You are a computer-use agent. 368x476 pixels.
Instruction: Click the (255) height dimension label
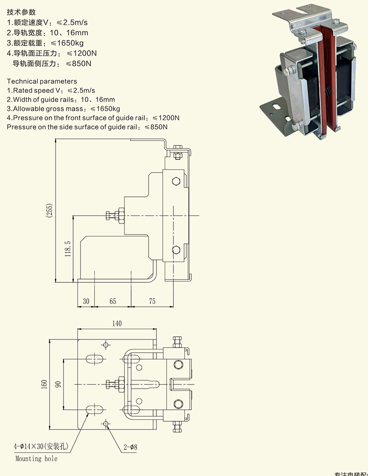click(x=49, y=211)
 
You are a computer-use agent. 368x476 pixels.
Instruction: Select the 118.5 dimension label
click(x=68, y=248)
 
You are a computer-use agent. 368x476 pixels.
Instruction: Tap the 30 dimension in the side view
click(x=86, y=301)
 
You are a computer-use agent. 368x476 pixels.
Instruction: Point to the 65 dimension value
click(x=113, y=301)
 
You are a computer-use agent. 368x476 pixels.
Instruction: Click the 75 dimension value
click(x=152, y=301)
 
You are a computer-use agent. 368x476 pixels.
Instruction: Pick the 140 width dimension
click(x=117, y=324)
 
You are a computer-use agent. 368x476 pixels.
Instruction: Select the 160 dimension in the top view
click(x=44, y=384)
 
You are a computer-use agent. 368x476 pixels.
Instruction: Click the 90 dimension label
click(x=58, y=384)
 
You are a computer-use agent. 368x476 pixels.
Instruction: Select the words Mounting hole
click(x=36, y=459)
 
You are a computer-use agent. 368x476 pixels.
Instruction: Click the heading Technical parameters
click(x=42, y=81)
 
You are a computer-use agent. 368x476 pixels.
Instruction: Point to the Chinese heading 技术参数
click(x=21, y=12)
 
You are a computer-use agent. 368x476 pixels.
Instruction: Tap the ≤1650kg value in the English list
click(x=105, y=109)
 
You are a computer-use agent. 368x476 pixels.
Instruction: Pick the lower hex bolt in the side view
click(x=175, y=250)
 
